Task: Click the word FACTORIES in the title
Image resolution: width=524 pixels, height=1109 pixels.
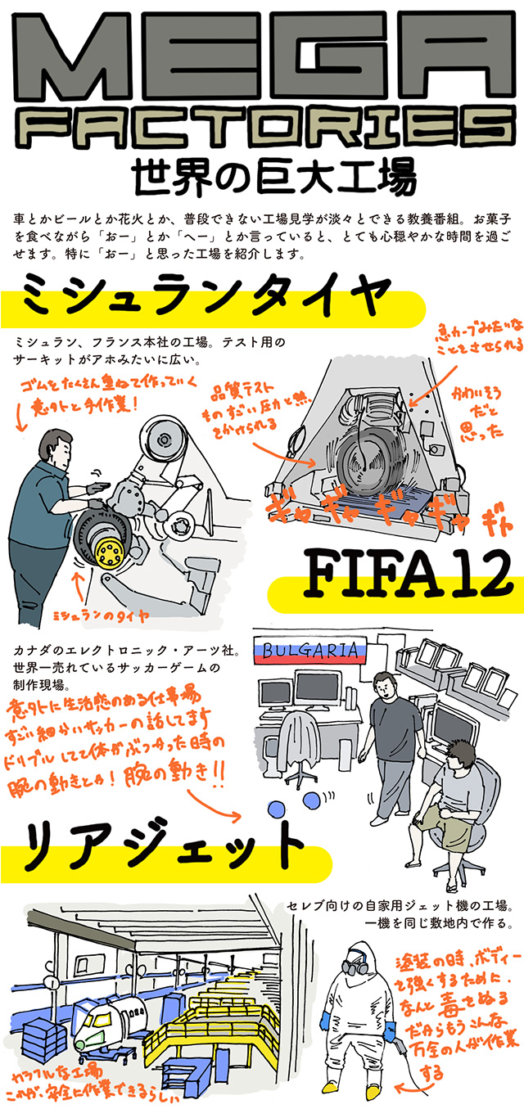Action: pyautogui.click(x=262, y=129)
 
